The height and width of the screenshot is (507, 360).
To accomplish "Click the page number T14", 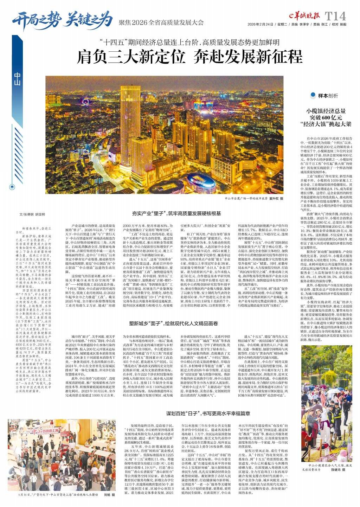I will pyautogui.click(x=335, y=16).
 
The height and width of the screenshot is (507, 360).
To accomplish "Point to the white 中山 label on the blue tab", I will pyautogui.click(x=17, y=79).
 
